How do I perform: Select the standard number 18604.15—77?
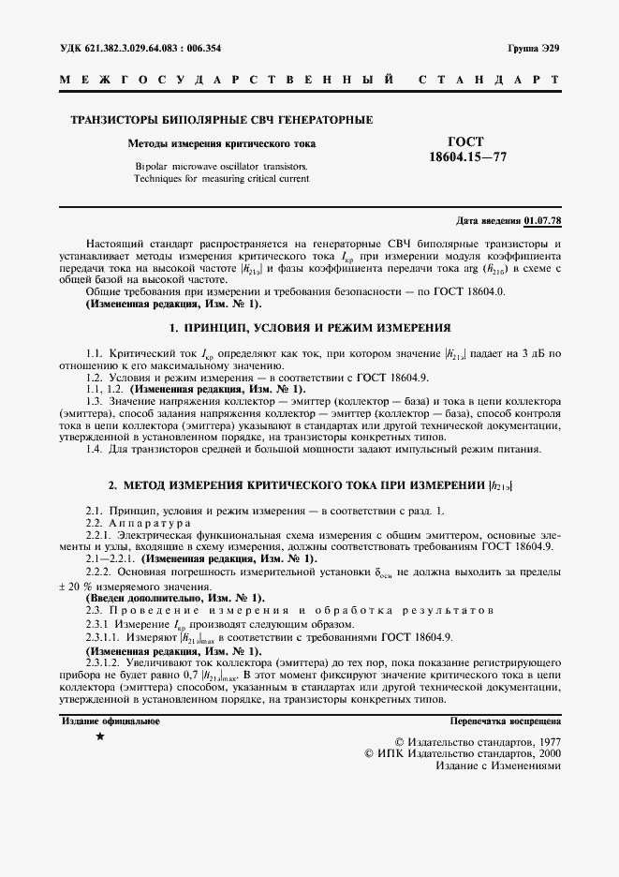point(467,156)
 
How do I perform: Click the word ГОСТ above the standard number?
point(467,141)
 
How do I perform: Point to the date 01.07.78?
point(542,220)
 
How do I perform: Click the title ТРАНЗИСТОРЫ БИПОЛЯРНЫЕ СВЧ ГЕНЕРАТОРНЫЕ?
point(222,120)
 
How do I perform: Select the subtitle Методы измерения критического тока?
point(222,143)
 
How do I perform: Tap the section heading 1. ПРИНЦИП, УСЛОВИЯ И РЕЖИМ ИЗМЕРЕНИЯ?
point(309,329)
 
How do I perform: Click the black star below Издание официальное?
point(100,738)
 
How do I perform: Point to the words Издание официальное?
point(111,721)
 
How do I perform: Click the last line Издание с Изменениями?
point(498,765)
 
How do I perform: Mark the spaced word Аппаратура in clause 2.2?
point(150,522)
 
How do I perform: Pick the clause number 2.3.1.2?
point(107,661)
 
